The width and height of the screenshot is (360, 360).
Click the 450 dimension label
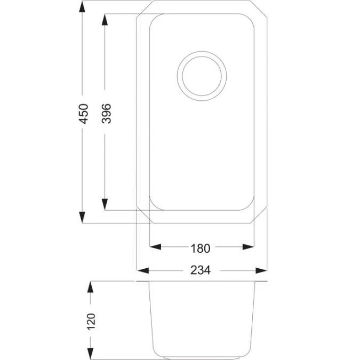[83, 113]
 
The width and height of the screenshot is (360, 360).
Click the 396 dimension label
[106, 113]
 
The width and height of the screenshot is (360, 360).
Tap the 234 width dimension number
[201, 270]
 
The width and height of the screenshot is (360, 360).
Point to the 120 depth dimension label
[91, 320]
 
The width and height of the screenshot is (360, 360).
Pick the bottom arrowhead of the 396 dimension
[106, 205]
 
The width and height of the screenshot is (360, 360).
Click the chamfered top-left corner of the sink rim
[143, 10]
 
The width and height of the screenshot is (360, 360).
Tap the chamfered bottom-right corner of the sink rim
[259, 216]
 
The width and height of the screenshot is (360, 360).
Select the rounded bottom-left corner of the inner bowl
[154, 205]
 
